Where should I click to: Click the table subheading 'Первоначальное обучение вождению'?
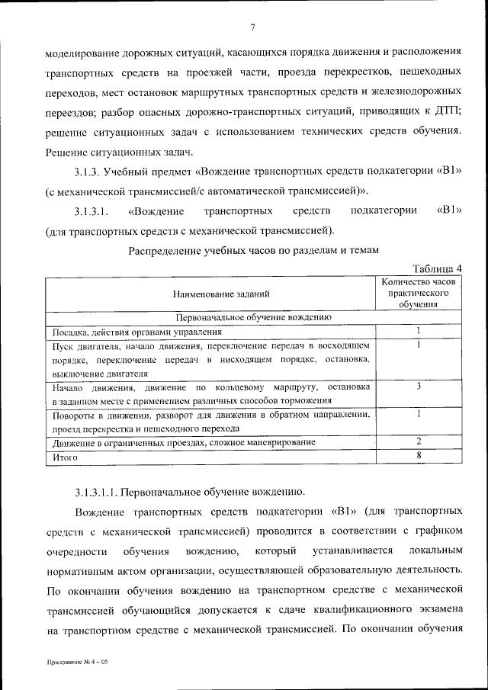[253, 317]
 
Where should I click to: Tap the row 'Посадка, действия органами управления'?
[137, 332]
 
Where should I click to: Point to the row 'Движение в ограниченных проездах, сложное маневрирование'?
[184, 443]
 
